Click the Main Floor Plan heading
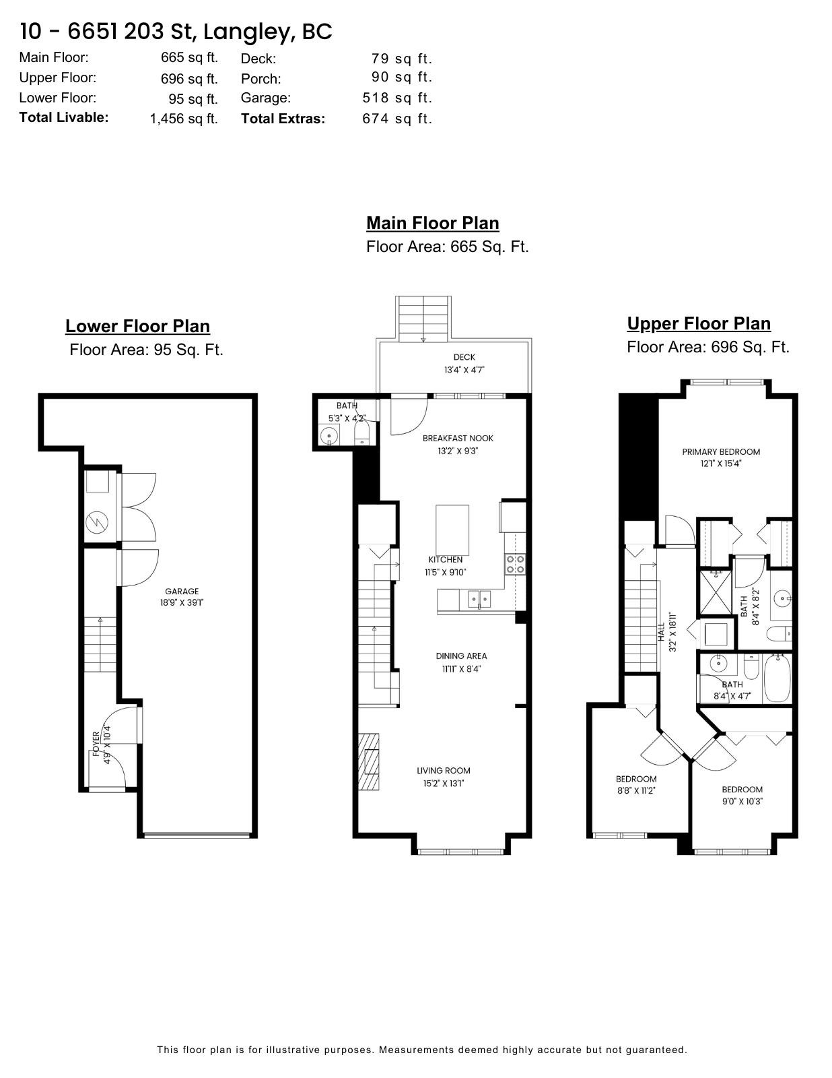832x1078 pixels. [x=432, y=223]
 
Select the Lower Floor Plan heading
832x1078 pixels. [x=138, y=326]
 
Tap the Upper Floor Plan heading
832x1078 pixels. [x=699, y=323]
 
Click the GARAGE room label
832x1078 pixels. [x=182, y=592]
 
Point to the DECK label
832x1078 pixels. [x=464, y=357]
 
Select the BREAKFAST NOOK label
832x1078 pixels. [x=458, y=438]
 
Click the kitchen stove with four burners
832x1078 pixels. [x=515, y=565]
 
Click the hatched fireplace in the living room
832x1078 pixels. [x=369, y=762]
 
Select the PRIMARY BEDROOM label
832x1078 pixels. [x=721, y=452]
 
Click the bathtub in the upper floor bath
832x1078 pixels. [x=777, y=678]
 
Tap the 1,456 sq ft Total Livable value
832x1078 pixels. [x=184, y=119]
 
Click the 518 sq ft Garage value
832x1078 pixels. [x=397, y=98]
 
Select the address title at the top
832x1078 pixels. [x=176, y=32]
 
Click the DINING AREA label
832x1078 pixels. [x=461, y=656]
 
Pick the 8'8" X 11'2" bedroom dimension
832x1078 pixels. [x=636, y=791]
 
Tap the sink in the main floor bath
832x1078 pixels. [x=328, y=436]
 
